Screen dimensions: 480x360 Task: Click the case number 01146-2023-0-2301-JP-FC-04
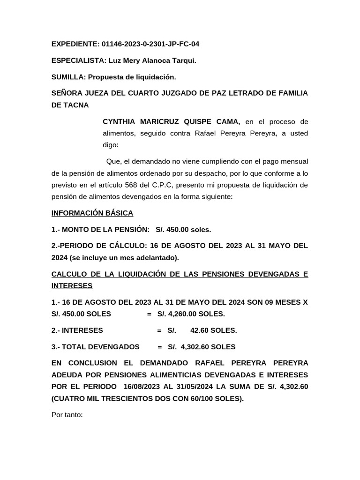pyautogui.click(x=150, y=44)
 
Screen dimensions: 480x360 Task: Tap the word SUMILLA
pyautogui.click(x=68, y=77)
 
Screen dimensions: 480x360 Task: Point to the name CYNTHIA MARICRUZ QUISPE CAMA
pyautogui.click(x=171, y=122)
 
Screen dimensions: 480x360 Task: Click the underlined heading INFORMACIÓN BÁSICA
pyautogui.click(x=92, y=213)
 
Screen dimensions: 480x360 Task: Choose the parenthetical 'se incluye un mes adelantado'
pyautogui.click(x=124, y=257)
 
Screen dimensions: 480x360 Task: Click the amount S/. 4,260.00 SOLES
pyautogui.click(x=191, y=314)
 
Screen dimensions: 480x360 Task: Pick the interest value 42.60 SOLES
pyautogui.click(x=213, y=330)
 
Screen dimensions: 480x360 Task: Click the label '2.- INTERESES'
pyautogui.click(x=77, y=330)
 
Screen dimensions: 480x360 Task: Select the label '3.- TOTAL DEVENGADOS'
pyautogui.click(x=95, y=347)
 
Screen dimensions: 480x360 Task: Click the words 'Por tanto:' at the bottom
pyautogui.click(x=67, y=415)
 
